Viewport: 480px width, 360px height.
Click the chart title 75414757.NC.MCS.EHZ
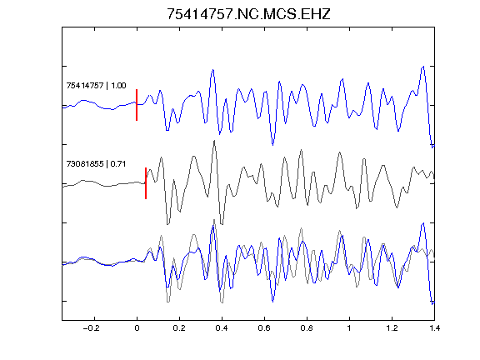(x=248, y=14)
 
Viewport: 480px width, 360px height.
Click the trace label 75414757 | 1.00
(x=96, y=85)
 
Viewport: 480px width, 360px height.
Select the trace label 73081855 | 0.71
(x=96, y=164)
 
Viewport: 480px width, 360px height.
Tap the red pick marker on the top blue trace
(x=137, y=105)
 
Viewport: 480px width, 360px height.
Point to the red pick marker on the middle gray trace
(x=146, y=183)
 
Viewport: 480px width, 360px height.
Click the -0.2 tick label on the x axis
(x=91, y=328)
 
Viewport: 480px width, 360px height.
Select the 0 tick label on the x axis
(x=137, y=328)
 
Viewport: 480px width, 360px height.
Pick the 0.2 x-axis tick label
(x=179, y=328)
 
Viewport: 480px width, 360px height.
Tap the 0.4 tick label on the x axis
(x=222, y=328)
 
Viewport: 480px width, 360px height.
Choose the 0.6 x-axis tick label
(x=264, y=328)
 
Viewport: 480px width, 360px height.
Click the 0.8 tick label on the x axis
(x=307, y=328)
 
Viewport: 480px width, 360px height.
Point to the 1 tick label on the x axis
(x=349, y=328)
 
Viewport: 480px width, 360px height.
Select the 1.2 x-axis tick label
(x=392, y=328)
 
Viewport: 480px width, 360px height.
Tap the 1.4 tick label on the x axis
(x=434, y=328)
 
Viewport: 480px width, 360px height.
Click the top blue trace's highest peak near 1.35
(x=423, y=66)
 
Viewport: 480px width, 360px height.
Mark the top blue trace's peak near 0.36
(x=212, y=70)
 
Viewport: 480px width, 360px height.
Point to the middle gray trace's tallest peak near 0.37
(x=215, y=141)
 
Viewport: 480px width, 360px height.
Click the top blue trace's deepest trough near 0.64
(x=272, y=144)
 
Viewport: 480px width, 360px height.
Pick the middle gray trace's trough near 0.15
(x=167, y=224)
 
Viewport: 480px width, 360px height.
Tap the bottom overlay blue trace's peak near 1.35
(x=423, y=223)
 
